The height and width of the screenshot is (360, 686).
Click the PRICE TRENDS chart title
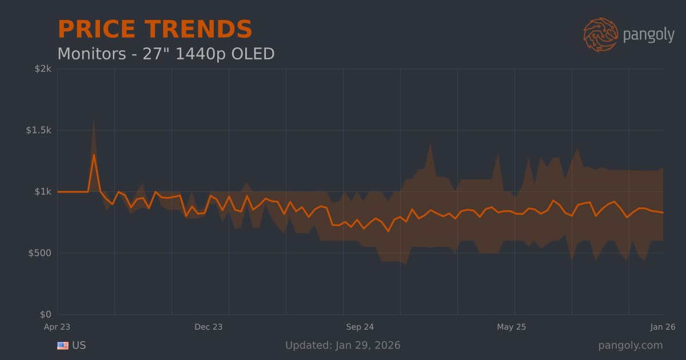155,30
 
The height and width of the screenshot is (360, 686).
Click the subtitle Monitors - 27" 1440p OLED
166,54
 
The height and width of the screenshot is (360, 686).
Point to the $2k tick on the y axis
43,69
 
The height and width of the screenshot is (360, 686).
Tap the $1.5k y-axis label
39,130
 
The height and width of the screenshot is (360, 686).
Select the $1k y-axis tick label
43,191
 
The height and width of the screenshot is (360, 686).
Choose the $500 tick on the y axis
41,253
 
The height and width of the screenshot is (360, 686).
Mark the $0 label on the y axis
46,314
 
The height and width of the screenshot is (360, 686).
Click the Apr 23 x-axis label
57,327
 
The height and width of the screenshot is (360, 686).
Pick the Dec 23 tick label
209,327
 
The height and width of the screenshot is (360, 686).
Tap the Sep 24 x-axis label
360,327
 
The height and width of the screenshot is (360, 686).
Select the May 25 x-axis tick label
512,327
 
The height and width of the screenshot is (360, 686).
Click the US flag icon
63,346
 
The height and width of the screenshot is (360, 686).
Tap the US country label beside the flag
79,345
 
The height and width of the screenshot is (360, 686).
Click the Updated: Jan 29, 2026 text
343,345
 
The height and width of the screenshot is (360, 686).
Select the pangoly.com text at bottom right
631,345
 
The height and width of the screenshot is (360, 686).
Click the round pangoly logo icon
600,34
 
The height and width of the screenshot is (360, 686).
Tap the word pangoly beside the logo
648,35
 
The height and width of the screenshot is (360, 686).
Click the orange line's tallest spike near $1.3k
94,155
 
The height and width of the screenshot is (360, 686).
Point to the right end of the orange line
663,213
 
